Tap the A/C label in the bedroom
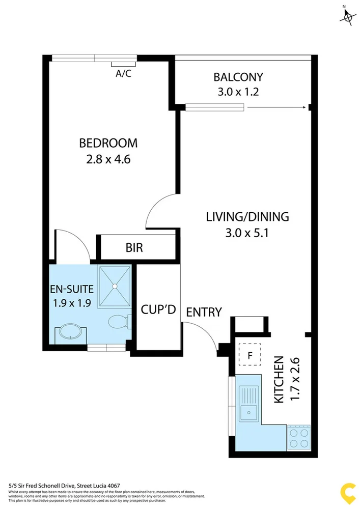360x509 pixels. (x=123, y=74)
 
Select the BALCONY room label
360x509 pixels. (x=238, y=77)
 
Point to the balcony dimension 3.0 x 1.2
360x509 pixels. (x=238, y=93)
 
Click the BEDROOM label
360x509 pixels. (x=108, y=143)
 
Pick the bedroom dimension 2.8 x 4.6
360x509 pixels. (x=108, y=159)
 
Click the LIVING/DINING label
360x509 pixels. (x=247, y=216)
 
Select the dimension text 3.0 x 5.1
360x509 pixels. (x=247, y=233)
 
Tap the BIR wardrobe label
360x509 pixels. (x=134, y=248)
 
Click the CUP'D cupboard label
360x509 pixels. (x=158, y=309)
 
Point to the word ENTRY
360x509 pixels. (x=204, y=312)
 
